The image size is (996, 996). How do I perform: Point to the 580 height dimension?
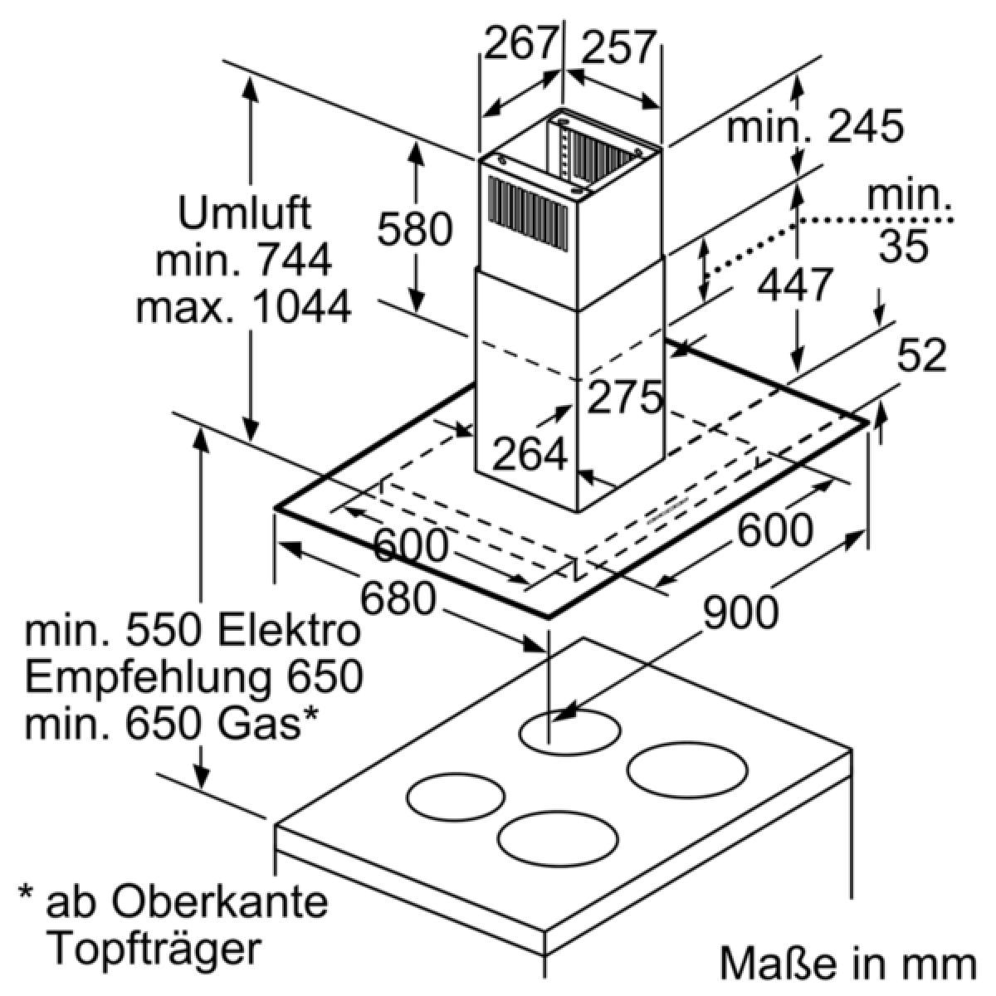[x=414, y=228]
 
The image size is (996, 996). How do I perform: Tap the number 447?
[x=794, y=284]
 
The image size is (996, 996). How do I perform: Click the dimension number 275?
[x=625, y=398]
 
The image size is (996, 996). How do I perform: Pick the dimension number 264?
[x=530, y=454]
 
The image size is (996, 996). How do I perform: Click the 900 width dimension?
[x=740, y=612]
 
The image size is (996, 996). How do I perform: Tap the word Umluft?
[x=245, y=212]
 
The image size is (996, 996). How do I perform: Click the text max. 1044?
[x=244, y=307]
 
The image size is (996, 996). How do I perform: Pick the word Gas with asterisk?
[x=269, y=724]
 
